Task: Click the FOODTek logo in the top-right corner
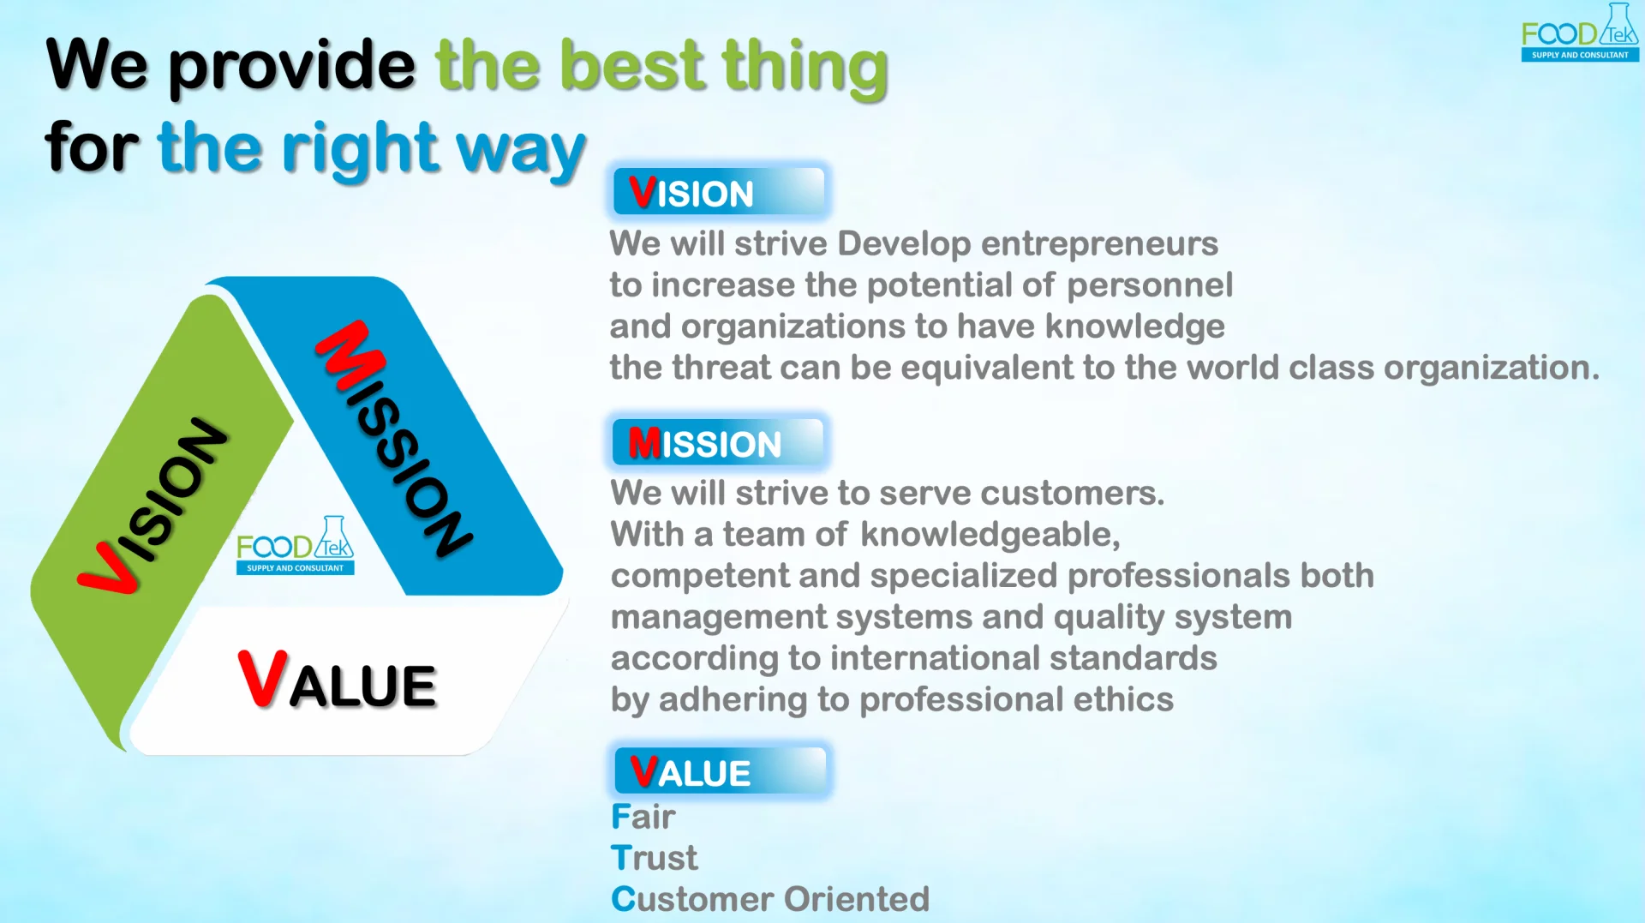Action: coord(1580,33)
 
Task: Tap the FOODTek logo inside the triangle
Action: coord(295,545)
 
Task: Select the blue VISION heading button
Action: coord(719,191)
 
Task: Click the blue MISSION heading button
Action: coord(718,442)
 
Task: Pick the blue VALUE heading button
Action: coord(721,771)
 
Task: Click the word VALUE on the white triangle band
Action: coord(338,680)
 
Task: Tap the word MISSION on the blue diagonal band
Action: coord(393,438)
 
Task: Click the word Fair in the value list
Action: coord(643,817)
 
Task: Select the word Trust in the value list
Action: coord(655,858)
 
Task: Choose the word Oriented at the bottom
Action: coord(857,899)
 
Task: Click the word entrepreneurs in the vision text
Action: coord(1099,244)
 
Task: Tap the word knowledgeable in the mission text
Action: coord(990,536)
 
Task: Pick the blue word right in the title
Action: coord(361,149)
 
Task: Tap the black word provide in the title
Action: coord(291,67)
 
